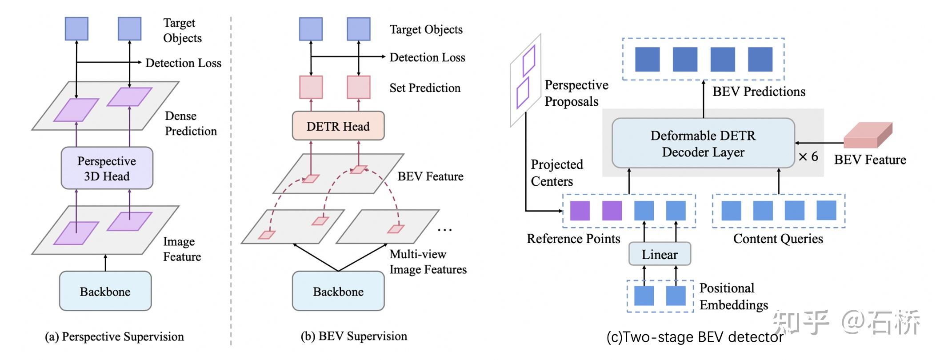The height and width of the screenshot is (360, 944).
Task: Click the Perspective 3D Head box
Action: [x=107, y=168]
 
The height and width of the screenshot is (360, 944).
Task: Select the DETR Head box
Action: [x=338, y=126]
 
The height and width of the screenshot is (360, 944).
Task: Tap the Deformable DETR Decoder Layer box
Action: [x=703, y=143]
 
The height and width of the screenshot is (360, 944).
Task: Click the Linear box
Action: [x=660, y=254]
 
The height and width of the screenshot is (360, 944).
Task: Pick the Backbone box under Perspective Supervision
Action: [x=105, y=291]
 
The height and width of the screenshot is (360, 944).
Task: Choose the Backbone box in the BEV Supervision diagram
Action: [x=338, y=291]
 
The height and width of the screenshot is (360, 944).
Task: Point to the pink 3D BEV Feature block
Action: [x=867, y=136]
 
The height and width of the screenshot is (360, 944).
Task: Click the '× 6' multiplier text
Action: [x=808, y=156]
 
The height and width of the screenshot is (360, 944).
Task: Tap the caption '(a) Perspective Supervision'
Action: [x=114, y=336]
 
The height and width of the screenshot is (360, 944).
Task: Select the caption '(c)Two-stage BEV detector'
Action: [x=695, y=337]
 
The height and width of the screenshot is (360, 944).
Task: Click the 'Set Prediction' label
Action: [x=425, y=88]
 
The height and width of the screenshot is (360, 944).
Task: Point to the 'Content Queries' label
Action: [x=778, y=239]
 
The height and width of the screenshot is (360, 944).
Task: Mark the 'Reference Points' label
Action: [x=573, y=239]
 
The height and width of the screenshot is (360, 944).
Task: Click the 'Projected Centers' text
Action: [x=556, y=173]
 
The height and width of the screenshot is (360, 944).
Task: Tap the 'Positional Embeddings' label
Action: [x=733, y=296]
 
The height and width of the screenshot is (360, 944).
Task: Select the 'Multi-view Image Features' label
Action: [x=428, y=262]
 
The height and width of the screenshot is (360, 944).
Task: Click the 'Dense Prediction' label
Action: [x=191, y=124]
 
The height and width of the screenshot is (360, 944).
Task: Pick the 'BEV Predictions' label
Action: [x=759, y=92]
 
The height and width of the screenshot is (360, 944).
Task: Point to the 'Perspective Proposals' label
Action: [x=576, y=93]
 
